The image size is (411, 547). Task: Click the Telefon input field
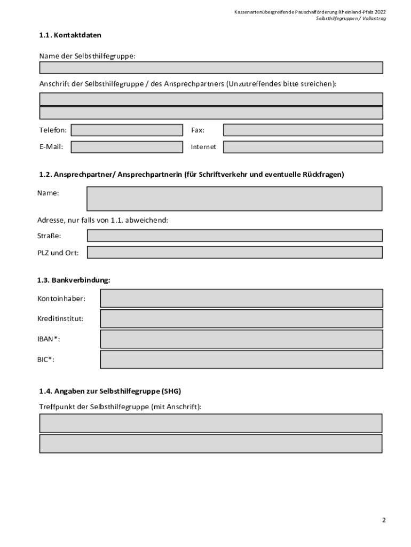pos(127,130)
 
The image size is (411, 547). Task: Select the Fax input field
pos(303,130)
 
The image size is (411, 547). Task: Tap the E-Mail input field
pos(127,147)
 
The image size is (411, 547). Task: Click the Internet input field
pos(303,147)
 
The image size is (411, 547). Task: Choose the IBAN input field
pos(241,339)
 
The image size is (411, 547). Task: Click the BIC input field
pos(241,360)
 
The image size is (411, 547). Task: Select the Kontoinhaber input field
pos(241,298)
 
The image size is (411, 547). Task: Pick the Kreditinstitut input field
pos(241,319)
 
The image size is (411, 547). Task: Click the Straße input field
pos(234,236)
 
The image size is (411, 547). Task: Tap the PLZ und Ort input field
pos(234,253)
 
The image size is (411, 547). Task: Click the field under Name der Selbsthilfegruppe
pos(211,68)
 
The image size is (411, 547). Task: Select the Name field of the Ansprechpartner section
pos(234,199)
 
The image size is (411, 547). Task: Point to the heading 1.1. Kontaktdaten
pos(70,35)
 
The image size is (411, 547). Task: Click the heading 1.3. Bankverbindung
pos(74,280)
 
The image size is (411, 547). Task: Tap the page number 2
pos(383,520)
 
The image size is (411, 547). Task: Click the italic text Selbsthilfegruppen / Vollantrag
pos(351,18)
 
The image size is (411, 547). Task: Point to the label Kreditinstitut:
pos(60,319)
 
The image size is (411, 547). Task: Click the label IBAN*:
pos(49,339)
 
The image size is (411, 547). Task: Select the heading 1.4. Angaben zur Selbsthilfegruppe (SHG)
pos(114,391)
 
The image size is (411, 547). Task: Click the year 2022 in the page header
pos(380,11)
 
